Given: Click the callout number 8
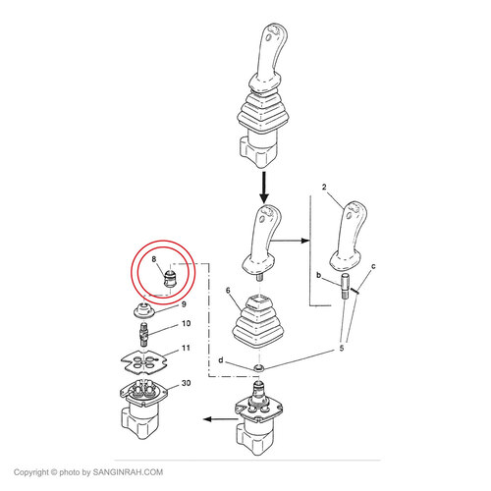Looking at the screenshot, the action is coord(154,259).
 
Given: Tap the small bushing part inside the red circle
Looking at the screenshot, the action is coord(169,279).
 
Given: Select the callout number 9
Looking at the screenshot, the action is coord(184,304).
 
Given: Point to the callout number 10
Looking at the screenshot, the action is coord(186,323).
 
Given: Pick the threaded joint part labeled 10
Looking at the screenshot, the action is coord(144,334).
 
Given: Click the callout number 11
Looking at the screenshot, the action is coord(186,348).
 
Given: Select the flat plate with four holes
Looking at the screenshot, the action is coord(144,362).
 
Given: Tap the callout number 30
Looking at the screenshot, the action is coord(186,383).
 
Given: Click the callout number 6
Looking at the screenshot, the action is coord(228,291).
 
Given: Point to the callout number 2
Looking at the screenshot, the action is coord(324,187).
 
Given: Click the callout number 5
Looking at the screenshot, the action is coord(342,349).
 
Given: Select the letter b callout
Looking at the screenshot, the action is coord(318,275).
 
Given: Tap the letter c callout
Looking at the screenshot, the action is coord(373,266).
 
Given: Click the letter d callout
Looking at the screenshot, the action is coord(221,360).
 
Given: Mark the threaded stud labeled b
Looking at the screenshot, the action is coord(346,286).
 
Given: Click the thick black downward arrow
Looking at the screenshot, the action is coord(264,188).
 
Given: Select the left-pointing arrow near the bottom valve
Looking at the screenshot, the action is coord(220,419).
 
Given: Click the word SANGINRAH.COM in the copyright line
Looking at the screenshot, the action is coord(128,472).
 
